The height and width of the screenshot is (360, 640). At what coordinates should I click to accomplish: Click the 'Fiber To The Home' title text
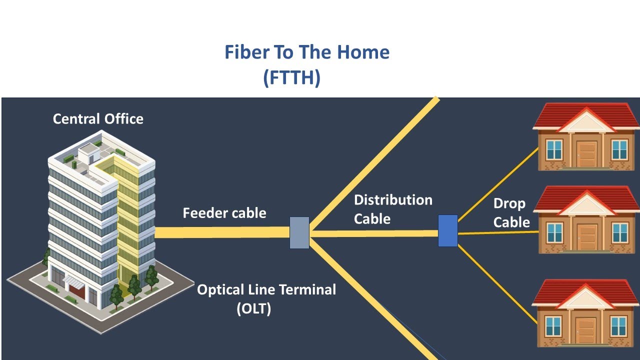point(306,52)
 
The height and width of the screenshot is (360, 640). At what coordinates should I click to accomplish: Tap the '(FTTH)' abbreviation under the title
point(291,78)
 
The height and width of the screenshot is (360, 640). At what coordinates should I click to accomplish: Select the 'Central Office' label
point(98,119)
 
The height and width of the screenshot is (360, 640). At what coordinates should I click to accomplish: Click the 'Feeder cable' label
point(224,213)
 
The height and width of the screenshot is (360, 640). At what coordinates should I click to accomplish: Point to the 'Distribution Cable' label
point(392,209)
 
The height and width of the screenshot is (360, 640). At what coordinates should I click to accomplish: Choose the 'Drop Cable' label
point(511,212)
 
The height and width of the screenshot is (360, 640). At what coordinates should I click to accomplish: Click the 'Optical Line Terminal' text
point(266,289)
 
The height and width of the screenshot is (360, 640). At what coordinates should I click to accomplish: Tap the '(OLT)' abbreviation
point(253,308)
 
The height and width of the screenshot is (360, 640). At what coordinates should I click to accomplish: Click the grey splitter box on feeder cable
point(299,232)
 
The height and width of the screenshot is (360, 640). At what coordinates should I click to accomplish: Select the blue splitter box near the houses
point(448,230)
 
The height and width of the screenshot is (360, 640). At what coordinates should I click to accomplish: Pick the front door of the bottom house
point(585,330)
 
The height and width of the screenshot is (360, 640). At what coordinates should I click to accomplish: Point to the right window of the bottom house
point(618,326)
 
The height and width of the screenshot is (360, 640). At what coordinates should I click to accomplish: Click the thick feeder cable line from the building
point(220,232)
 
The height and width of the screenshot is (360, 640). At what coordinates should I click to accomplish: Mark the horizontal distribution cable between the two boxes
point(375,233)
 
